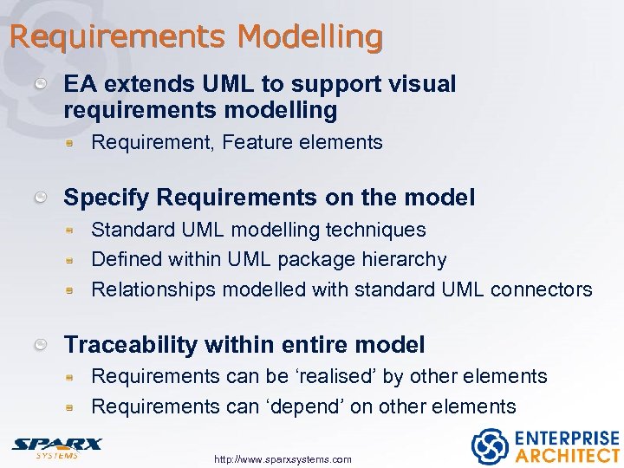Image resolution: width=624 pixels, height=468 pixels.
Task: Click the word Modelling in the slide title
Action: click(309, 37)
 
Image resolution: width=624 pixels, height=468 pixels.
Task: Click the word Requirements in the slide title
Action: click(119, 37)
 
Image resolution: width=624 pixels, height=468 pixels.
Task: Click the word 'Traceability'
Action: click(131, 345)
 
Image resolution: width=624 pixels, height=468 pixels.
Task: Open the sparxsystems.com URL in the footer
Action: click(283, 459)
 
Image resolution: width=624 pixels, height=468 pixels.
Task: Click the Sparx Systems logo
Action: click(56, 446)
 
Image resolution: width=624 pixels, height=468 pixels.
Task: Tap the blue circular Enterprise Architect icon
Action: click(490, 445)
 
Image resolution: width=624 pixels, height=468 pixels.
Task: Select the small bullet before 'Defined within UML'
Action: click(74, 260)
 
